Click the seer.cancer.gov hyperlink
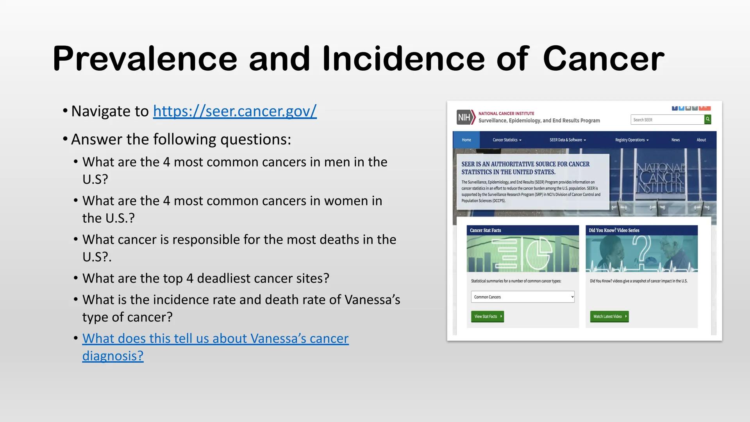235,111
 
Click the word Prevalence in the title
145,59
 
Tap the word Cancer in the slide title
603,59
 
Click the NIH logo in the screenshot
465,117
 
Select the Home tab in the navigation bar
466,140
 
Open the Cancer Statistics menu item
507,140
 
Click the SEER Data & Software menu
567,140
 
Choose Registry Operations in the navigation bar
631,140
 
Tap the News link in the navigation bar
675,140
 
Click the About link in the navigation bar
701,140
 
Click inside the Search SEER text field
667,120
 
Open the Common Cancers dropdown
523,297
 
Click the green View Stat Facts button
487,316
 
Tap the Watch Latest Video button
609,316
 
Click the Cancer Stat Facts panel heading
486,231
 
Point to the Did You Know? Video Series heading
614,231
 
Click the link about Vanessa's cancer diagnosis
215,339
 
